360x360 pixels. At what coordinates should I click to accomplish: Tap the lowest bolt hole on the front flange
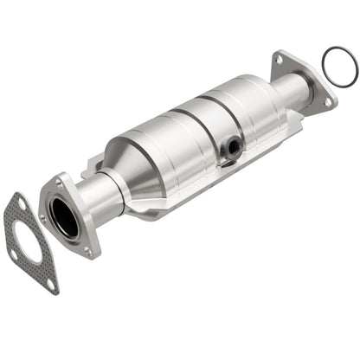pos(87,252)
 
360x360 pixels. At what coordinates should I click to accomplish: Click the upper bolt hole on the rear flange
pos(279,60)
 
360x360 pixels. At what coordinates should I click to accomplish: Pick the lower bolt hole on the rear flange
pos(328,101)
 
